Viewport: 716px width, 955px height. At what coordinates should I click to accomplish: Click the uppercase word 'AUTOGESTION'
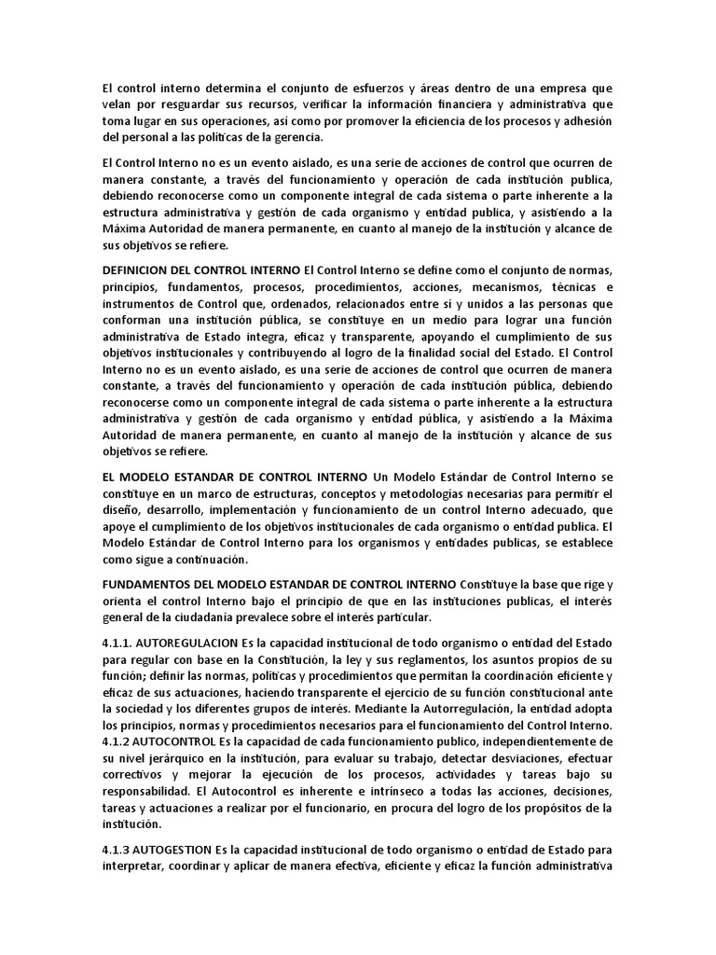coord(173,851)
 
